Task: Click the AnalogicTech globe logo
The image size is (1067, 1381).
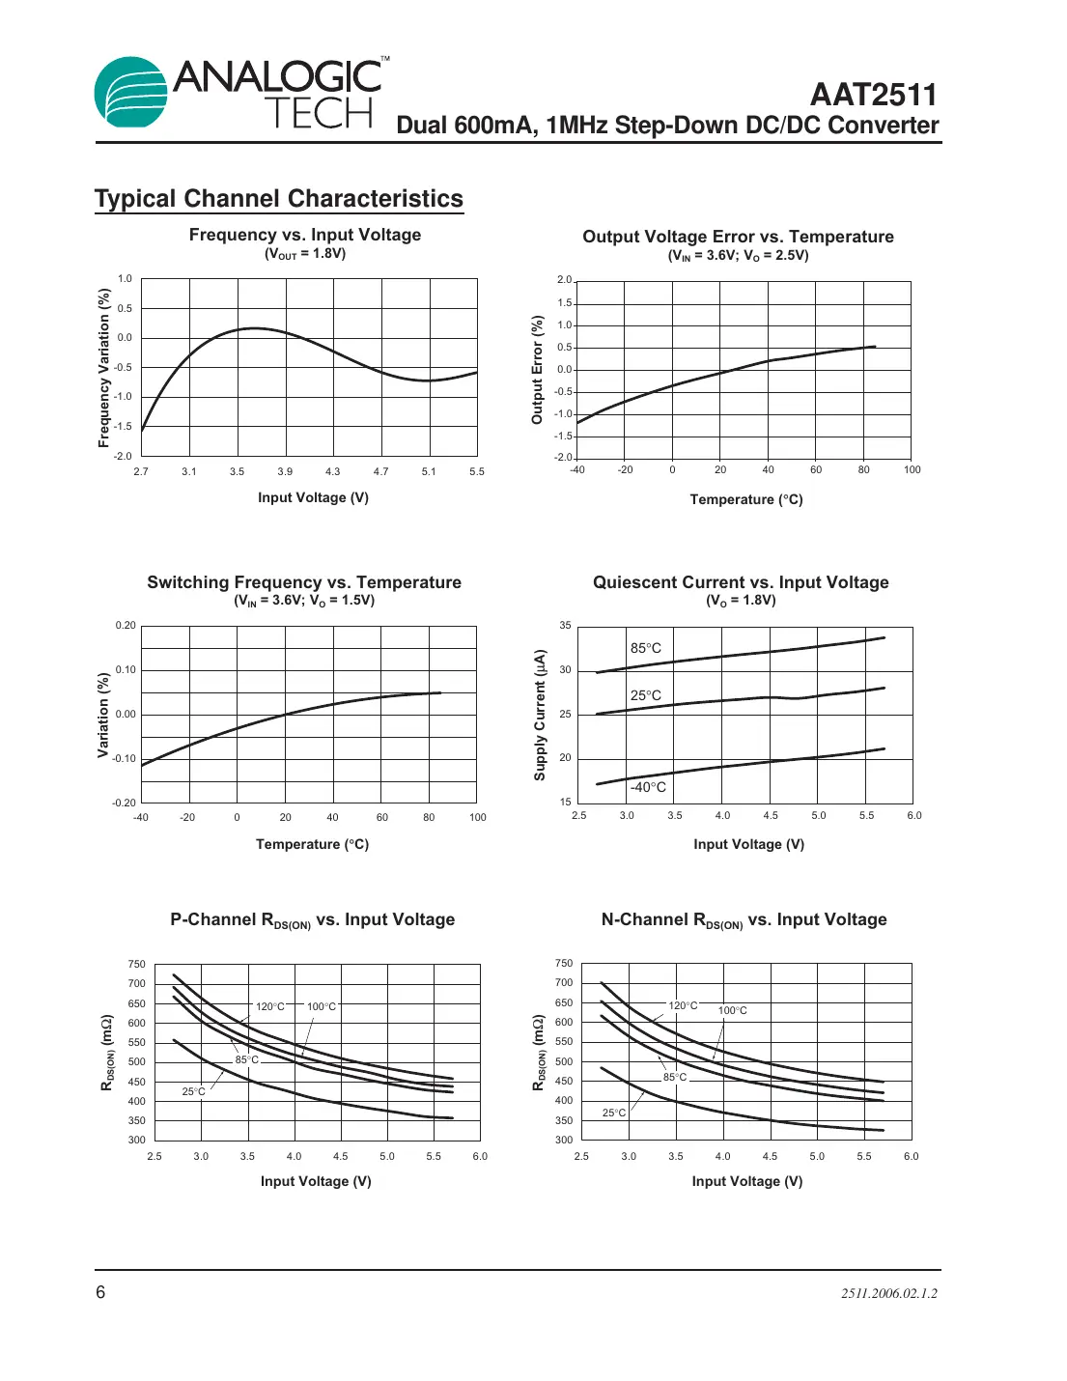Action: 131,92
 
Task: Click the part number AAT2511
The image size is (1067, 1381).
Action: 873,95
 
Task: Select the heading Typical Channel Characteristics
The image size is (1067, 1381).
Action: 279,199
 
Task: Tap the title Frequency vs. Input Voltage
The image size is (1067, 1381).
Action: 305,235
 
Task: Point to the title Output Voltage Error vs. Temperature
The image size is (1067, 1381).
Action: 738,237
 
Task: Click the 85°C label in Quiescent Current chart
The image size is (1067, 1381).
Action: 646,648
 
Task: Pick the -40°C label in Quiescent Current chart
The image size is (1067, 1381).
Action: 648,787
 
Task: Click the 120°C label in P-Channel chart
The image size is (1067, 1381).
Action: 270,1006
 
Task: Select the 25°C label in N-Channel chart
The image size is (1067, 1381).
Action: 614,1113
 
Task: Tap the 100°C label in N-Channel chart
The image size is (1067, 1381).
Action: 732,1010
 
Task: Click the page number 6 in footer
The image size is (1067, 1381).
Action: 100,1292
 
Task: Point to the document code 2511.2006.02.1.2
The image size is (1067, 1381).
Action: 888,1293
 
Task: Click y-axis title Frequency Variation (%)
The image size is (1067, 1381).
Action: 103,368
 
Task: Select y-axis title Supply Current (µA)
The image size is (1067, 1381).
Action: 540,715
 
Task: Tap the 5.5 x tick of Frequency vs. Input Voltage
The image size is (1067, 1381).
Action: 477,471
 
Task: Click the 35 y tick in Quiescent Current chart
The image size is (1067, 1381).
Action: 565,626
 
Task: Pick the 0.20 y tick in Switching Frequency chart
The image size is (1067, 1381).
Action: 126,625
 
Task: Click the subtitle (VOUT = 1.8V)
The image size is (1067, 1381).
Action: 305,254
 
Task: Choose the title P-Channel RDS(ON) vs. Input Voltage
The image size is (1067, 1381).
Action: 312,920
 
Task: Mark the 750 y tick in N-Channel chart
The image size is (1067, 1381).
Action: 564,963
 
